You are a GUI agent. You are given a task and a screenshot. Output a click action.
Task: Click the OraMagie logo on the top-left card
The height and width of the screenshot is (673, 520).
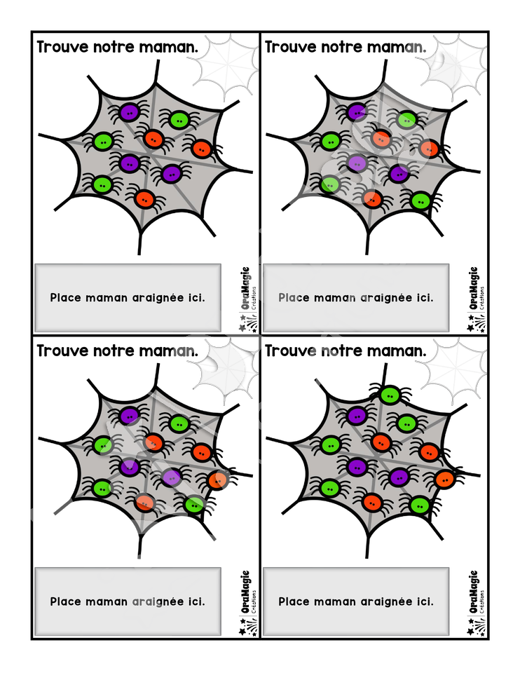[x=248, y=299]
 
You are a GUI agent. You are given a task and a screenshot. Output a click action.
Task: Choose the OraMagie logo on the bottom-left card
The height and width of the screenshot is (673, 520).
[x=248, y=604]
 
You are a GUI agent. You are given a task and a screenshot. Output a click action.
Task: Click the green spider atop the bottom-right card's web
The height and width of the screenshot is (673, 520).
[x=390, y=395]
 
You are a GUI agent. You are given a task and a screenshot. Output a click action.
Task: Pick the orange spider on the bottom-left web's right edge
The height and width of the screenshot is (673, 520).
[x=218, y=480]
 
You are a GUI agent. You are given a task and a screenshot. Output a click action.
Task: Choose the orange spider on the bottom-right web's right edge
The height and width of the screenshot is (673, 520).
[x=445, y=479]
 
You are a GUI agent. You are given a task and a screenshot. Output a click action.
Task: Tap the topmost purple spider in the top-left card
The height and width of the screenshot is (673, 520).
[x=129, y=112]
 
